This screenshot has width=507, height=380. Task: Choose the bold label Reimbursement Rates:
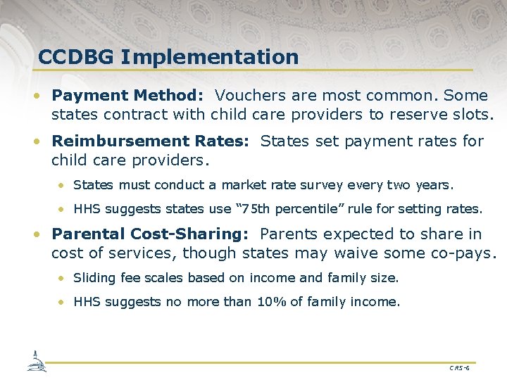point(150,141)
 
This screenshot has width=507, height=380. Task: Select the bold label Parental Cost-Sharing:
point(149,234)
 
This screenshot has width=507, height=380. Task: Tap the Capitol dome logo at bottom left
point(36,360)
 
